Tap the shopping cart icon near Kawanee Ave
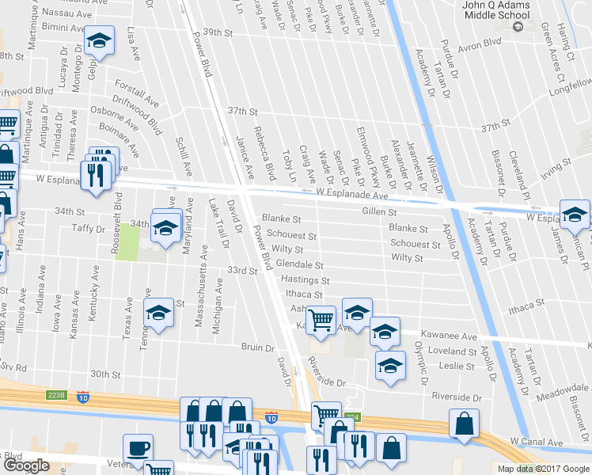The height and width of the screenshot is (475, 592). click(321, 320)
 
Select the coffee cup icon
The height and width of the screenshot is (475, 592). click(138, 448)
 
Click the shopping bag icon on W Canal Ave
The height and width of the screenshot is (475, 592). click(463, 424)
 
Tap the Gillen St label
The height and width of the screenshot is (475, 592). click(378, 212)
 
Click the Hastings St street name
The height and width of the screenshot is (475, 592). click(305, 280)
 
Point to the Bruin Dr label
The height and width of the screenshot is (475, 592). click(258, 347)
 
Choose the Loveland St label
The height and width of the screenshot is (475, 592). click(450, 351)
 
